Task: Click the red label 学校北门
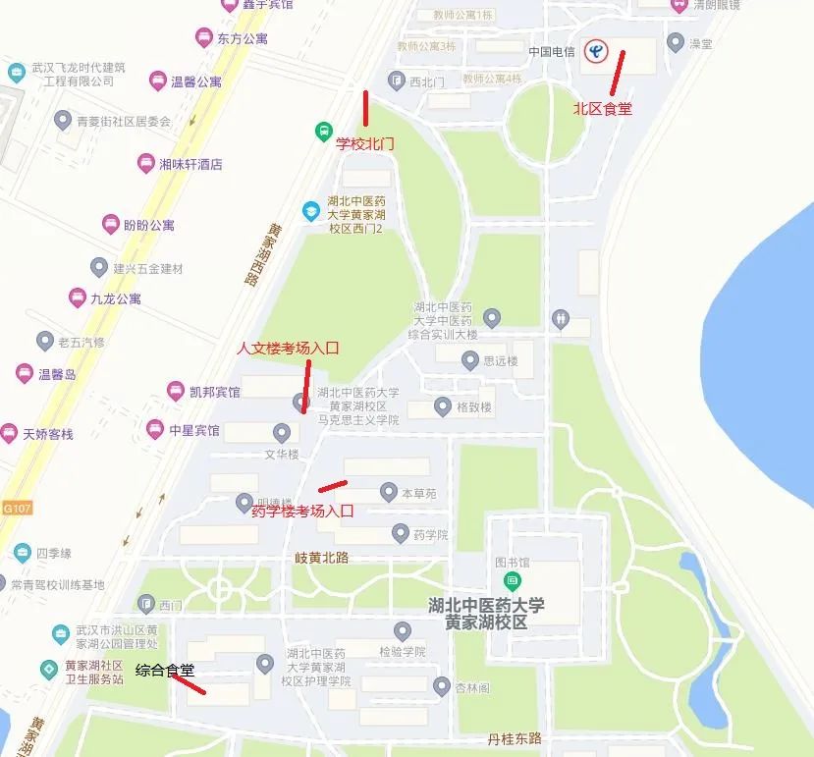click(365, 143)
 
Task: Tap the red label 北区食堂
click(603, 109)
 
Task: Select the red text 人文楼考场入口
click(289, 349)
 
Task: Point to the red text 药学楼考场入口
click(302, 511)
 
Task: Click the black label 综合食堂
click(165, 671)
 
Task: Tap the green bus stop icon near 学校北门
click(322, 131)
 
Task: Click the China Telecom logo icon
click(596, 50)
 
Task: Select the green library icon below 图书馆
click(513, 581)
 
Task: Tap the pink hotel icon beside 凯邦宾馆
click(176, 392)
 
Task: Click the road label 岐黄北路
click(322, 557)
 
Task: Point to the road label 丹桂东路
click(515, 738)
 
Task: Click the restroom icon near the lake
click(560, 318)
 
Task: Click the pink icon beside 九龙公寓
click(77, 297)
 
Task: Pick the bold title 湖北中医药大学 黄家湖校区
click(486, 614)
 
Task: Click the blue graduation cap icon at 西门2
click(310, 210)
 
